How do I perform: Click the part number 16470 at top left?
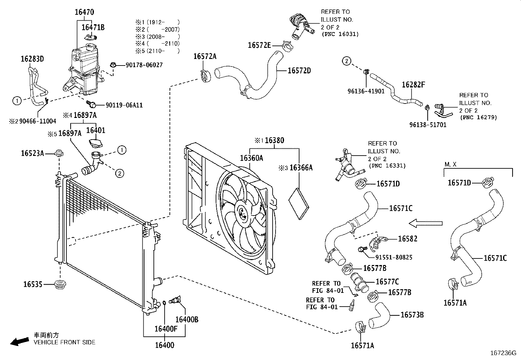pyautogui.click(x=84, y=12)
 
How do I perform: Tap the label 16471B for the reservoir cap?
pyautogui.click(x=93, y=27)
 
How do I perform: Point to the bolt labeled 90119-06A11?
pyautogui.click(x=92, y=104)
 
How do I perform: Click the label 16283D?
pyautogui.click(x=32, y=59)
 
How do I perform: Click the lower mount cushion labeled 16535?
pyautogui.click(x=60, y=284)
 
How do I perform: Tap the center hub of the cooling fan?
pyautogui.click(x=243, y=212)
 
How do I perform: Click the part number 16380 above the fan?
pyautogui.click(x=274, y=141)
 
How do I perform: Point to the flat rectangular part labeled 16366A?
pyautogui.click(x=298, y=203)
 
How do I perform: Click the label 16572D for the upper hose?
pyautogui.click(x=299, y=70)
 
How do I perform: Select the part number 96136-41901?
pyautogui.click(x=366, y=91)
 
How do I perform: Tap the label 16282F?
pyautogui.click(x=413, y=85)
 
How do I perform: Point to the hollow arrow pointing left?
pyautogui.click(x=425, y=223)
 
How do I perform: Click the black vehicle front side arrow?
pyautogui.click(x=19, y=341)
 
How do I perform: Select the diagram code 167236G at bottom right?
pyautogui.click(x=503, y=353)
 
